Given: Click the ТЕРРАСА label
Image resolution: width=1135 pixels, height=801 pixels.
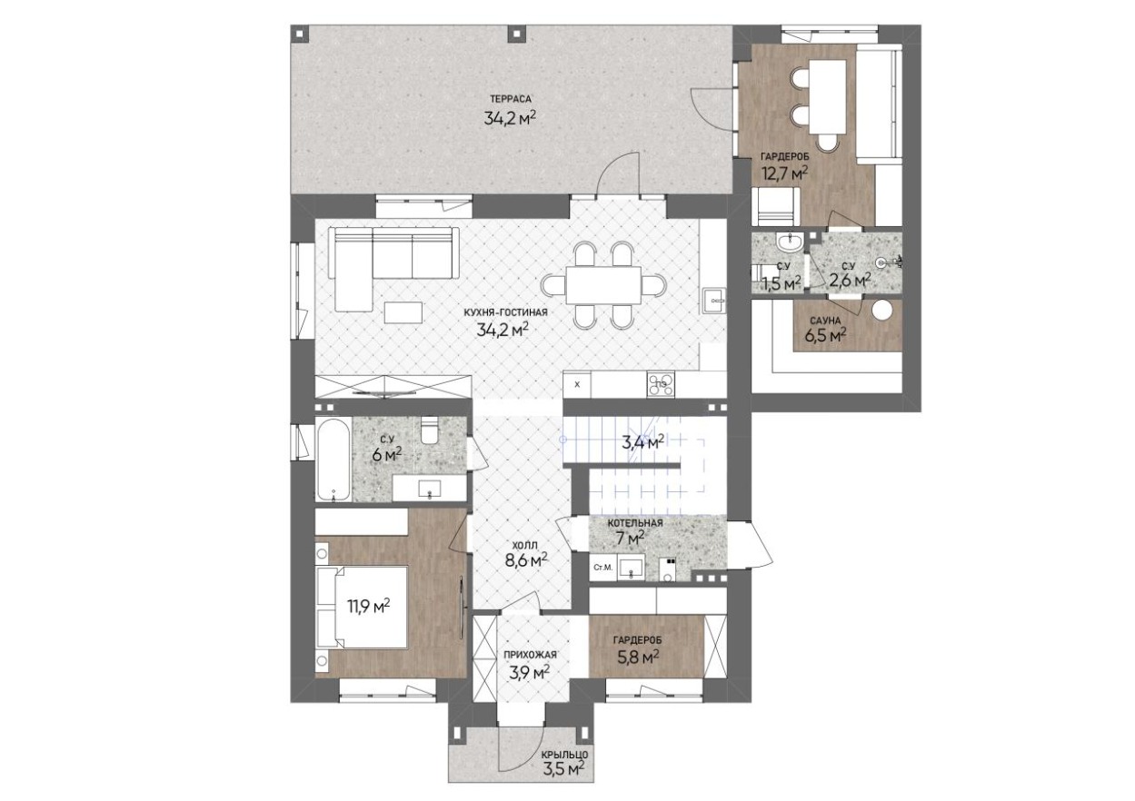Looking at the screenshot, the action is click(x=510, y=99).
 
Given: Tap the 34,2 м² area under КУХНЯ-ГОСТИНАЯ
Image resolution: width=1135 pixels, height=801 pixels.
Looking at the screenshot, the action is click(x=503, y=331).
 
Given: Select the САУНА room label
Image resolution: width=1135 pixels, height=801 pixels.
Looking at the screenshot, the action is click(x=825, y=321).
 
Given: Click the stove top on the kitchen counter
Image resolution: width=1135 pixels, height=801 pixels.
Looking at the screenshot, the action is click(x=661, y=384).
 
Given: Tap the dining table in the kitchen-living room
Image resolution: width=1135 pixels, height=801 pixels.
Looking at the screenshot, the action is click(x=603, y=285).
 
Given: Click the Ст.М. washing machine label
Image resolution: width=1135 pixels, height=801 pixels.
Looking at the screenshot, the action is click(x=603, y=568).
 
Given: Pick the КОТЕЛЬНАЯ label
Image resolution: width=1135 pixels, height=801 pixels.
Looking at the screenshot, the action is click(x=635, y=523).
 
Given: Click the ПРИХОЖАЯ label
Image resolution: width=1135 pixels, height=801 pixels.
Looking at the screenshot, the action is click(x=530, y=655).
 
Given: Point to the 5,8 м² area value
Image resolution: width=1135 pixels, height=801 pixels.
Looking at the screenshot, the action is click(x=638, y=658).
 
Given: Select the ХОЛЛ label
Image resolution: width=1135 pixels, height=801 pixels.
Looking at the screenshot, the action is click(x=525, y=545).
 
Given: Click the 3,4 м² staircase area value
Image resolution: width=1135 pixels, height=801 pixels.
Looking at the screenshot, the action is click(x=643, y=443).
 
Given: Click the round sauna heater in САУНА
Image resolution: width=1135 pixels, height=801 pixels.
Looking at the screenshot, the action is click(x=883, y=310).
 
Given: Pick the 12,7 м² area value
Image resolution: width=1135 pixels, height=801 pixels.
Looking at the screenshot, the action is click(x=785, y=173).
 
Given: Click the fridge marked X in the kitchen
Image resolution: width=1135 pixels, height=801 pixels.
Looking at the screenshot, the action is click(x=577, y=384).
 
